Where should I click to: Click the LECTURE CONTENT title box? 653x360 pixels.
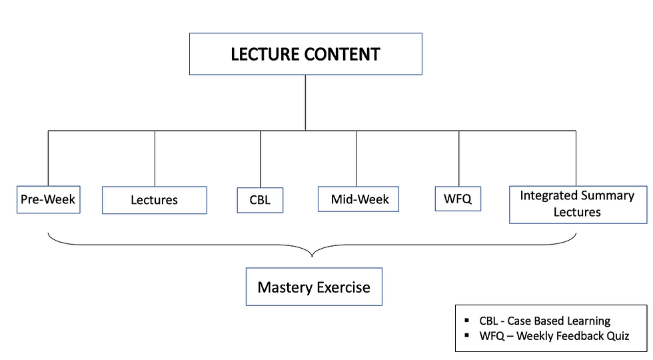click(x=306, y=54)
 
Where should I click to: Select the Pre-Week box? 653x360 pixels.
click(x=48, y=199)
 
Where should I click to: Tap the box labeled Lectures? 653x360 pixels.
click(x=155, y=200)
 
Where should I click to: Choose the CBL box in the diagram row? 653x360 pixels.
click(x=261, y=200)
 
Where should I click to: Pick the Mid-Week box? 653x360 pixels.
click(x=358, y=199)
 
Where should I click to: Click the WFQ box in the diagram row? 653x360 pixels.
click(x=458, y=199)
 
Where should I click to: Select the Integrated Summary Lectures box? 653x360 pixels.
click(x=578, y=205)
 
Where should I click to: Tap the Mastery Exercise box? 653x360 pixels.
click(x=314, y=287)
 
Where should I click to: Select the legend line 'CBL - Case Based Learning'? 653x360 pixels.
click(x=545, y=321)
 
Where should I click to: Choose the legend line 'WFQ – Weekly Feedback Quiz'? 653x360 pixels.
click(x=554, y=336)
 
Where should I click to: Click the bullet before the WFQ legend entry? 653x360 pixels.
click(x=467, y=335)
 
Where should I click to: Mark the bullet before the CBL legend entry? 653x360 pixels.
click(x=467, y=320)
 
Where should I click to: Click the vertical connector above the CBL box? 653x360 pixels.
click(x=261, y=159)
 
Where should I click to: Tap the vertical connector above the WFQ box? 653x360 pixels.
click(x=459, y=159)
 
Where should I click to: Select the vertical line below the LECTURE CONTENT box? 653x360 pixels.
click(x=305, y=103)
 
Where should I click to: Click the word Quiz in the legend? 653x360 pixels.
click(x=618, y=336)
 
